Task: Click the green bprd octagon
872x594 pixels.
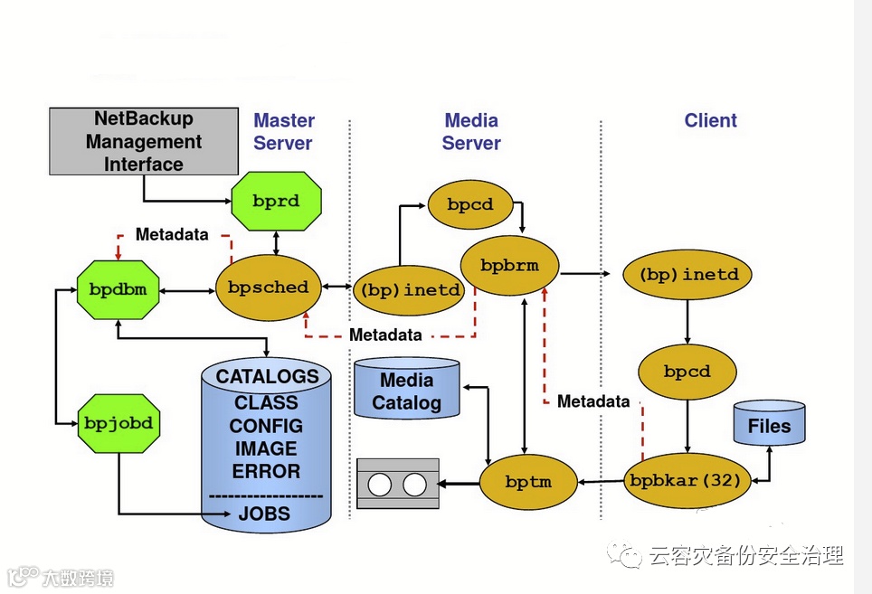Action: tap(276, 201)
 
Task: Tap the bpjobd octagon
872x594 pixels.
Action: tap(118, 422)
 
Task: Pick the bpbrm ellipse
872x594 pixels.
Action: tap(509, 266)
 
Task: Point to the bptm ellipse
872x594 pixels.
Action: tap(528, 482)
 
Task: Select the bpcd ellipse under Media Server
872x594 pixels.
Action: tap(470, 204)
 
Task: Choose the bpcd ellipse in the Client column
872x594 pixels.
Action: tap(687, 372)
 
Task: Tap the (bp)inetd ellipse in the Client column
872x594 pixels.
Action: tap(688, 274)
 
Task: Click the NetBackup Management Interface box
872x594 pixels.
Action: tap(144, 141)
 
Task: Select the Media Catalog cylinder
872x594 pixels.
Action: tap(406, 391)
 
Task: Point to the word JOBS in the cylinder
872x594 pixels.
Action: tap(264, 514)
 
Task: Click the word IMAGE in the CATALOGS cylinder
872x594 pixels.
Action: tap(265, 448)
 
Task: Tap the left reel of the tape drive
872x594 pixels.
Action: tap(380, 484)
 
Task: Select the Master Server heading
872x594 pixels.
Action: tap(283, 131)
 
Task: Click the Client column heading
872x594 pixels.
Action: tap(710, 121)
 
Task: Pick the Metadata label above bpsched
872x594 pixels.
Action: tap(172, 235)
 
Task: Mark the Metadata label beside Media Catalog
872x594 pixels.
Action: tap(593, 401)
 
